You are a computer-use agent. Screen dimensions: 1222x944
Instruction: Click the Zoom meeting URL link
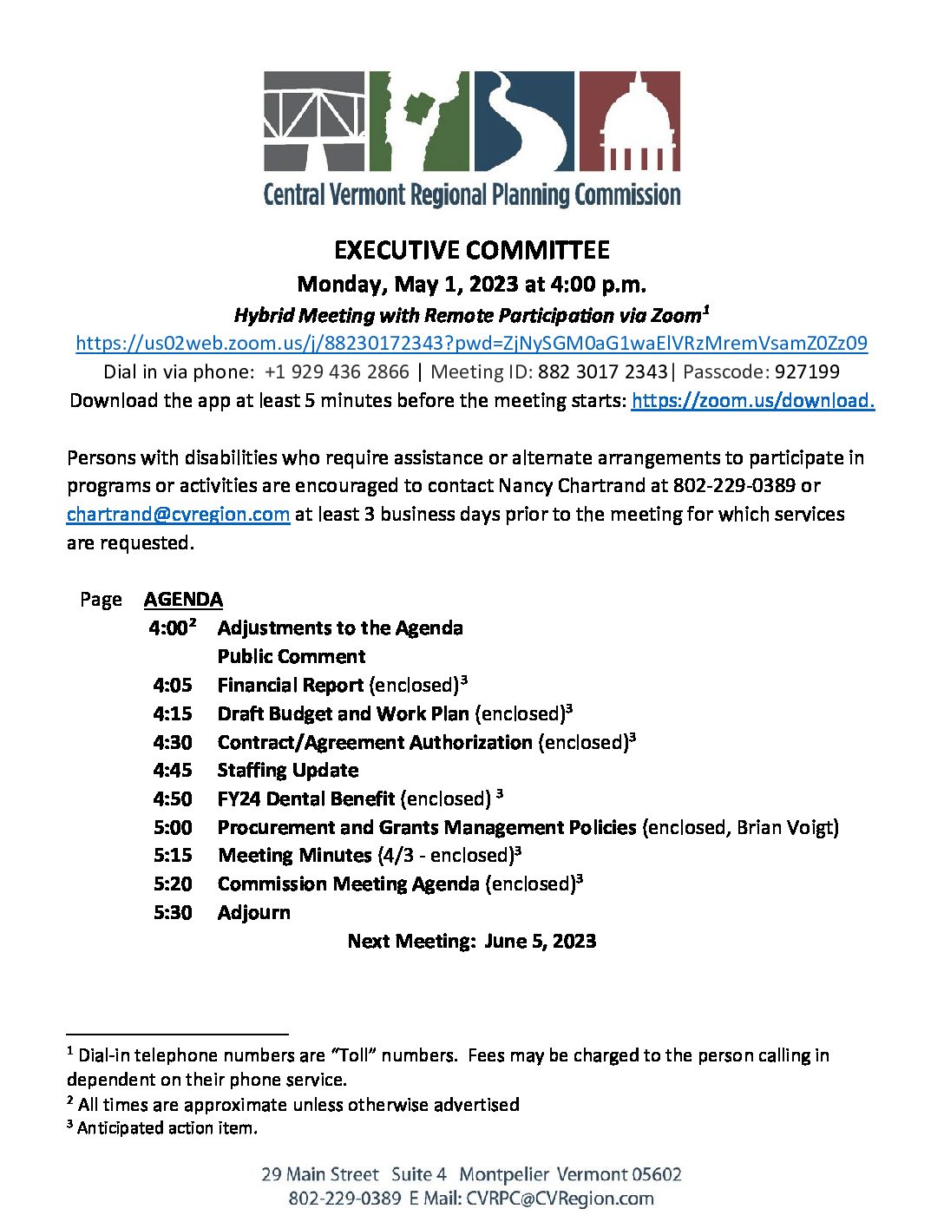click(x=471, y=343)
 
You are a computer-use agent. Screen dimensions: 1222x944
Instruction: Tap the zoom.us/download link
click(x=752, y=400)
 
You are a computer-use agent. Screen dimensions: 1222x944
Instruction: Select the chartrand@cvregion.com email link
click(x=178, y=514)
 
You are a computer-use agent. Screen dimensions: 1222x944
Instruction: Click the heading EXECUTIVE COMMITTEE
click(x=471, y=251)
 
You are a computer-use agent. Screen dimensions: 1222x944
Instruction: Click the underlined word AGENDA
click(x=183, y=599)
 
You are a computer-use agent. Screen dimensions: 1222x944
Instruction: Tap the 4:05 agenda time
click(x=173, y=685)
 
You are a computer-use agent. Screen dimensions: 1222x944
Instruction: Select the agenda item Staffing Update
click(x=287, y=770)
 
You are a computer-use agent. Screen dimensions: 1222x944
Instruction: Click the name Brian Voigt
click(x=784, y=827)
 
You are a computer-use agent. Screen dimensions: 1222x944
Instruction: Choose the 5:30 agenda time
click(x=173, y=912)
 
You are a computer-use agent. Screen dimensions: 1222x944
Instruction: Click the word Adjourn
click(x=253, y=912)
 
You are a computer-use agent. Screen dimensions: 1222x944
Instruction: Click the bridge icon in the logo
click(x=315, y=121)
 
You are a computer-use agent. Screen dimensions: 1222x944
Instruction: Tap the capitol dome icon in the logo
click(x=629, y=121)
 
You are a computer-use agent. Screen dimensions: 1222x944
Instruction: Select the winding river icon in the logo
click(x=523, y=121)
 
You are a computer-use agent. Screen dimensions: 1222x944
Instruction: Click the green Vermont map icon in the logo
click(x=419, y=121)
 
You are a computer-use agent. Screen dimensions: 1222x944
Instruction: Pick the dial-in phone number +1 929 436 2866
click(x=337, y=371)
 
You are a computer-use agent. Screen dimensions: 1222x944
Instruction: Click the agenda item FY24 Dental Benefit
click(x=306, y=798)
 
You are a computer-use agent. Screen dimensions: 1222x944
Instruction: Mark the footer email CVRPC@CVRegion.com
click(x=560, y=1199)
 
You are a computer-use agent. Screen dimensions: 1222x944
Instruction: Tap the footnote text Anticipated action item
click(x=167, y=1127)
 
